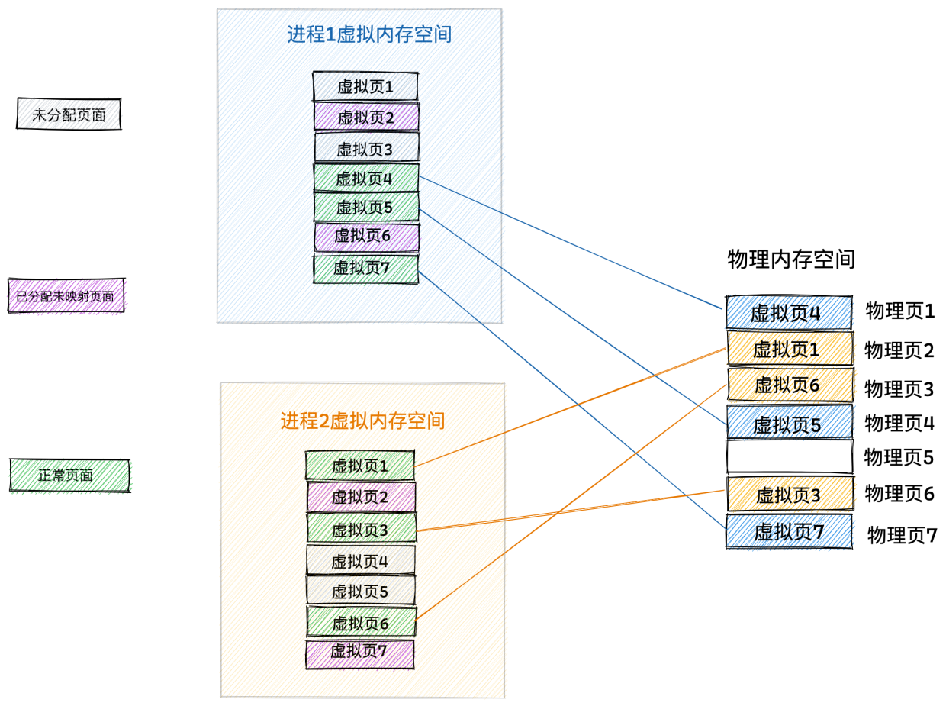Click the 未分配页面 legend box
click(69, 114)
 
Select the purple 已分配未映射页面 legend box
click(66, 295)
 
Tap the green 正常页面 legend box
click(70, 476)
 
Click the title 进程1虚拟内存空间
click(369, 34)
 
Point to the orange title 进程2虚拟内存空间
click(363, 421)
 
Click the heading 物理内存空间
click(791, 260)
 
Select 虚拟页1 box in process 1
click(365, 87)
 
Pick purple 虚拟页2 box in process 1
click(366, 117)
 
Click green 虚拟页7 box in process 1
click(365, 269)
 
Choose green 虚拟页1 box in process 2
click(360, 466)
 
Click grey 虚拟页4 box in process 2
click(361, 560)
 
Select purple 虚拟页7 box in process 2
click(360, 654)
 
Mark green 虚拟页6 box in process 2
click(361, 622)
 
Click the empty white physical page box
click(790, 456)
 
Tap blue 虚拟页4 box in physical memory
click(789, 312)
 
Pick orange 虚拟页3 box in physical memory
click(790, 494)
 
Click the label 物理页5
click(899, 457)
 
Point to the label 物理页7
click(902, 535)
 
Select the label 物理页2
click(899, 350)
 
